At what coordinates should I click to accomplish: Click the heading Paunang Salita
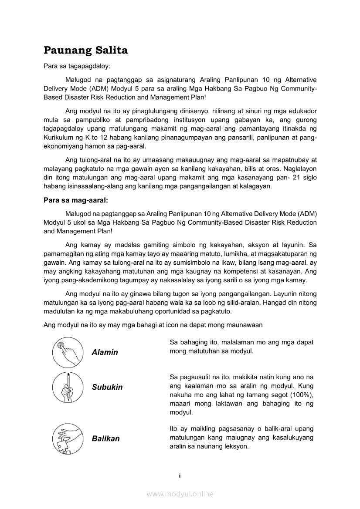(x=85, y=51)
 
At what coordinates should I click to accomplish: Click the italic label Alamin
(x=105, y=352)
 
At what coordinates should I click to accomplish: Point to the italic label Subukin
(x=107, y=387)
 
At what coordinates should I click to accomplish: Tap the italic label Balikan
(x=105, y=438)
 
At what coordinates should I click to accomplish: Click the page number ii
(x=180, y=475)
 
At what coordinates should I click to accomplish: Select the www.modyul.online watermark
(x=180, y=494)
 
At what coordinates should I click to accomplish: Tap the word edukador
(x=302, y=111)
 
